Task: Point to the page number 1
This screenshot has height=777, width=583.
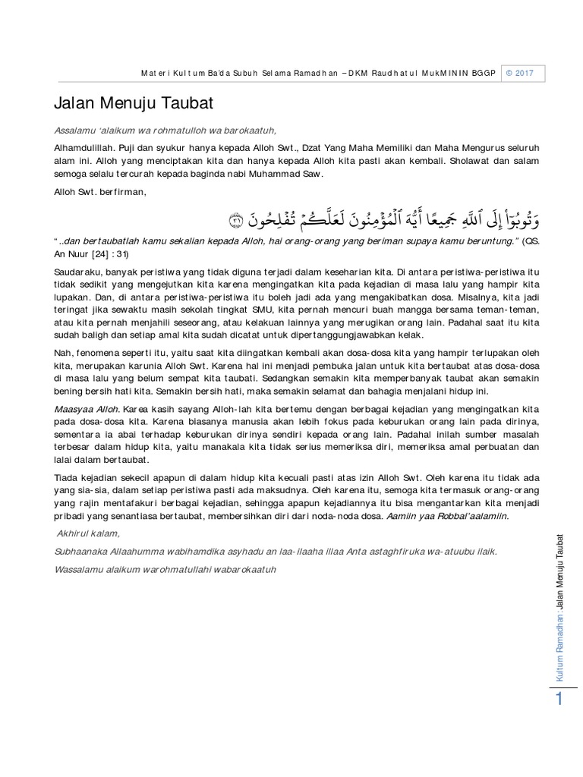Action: [x=559, y=700]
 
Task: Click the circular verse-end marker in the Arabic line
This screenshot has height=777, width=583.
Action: [x=235, y=221]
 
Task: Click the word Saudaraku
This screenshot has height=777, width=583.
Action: [x=77, y=270]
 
